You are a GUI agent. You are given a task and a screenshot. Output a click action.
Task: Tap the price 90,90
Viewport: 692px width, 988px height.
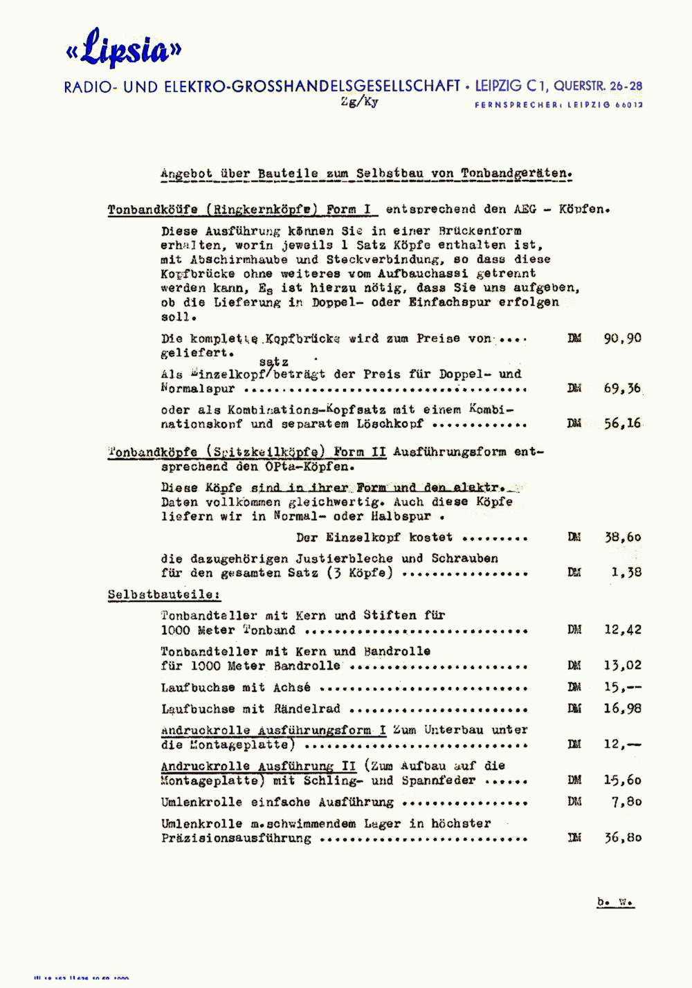click(622, 338)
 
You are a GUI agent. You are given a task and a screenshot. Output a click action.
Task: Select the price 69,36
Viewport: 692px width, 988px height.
click(622, 388)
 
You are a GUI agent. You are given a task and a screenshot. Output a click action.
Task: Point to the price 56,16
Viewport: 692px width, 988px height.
click(622, 423)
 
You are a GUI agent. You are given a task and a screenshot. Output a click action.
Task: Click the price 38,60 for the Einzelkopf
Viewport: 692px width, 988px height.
click(622, 537)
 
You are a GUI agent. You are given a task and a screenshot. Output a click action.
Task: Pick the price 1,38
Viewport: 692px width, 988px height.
click(626, 572)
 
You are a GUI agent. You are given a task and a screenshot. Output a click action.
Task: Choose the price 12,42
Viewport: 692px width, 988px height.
click(622, 630)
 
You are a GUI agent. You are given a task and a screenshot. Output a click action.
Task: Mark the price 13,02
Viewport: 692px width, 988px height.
click(622, 666)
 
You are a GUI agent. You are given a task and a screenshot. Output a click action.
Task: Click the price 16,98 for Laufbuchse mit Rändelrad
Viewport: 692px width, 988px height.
click(622, 708)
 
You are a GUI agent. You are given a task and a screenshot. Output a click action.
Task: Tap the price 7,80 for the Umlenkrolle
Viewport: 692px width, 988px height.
click(626, 801)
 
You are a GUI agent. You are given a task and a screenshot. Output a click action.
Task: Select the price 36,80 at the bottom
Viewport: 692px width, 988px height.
click(622, 837)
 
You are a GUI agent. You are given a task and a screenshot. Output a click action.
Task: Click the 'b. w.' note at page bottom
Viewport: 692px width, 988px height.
click(615, 902)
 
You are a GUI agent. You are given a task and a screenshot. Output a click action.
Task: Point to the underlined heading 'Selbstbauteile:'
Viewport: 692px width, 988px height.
click(164, 594)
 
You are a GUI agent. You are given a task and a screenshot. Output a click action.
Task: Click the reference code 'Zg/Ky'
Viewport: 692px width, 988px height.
click(360, 102)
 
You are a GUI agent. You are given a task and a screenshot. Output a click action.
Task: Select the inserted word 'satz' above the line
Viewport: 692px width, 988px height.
click(274, 361)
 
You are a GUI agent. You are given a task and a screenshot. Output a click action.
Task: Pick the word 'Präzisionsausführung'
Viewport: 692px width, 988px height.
click(236, 838)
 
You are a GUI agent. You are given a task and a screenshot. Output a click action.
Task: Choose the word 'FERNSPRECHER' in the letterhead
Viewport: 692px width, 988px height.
click(517, 105)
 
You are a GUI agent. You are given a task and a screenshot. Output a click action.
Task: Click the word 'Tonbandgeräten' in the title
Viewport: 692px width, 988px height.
click(516, 174)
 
